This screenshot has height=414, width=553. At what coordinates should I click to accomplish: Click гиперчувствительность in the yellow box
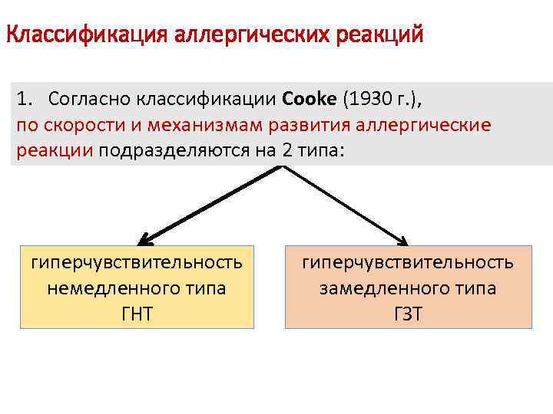(137, 263)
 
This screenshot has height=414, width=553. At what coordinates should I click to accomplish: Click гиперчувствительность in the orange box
(408, 263)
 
